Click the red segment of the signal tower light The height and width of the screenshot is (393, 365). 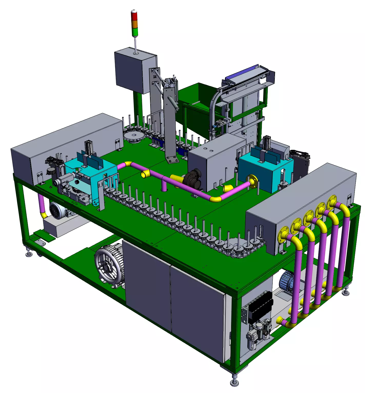(x=134, y=16)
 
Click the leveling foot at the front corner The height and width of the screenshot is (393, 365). (x=234, y=381)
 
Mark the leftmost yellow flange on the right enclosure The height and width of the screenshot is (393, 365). (x=284, y=234)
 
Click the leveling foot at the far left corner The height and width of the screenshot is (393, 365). (x=29, y=253)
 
